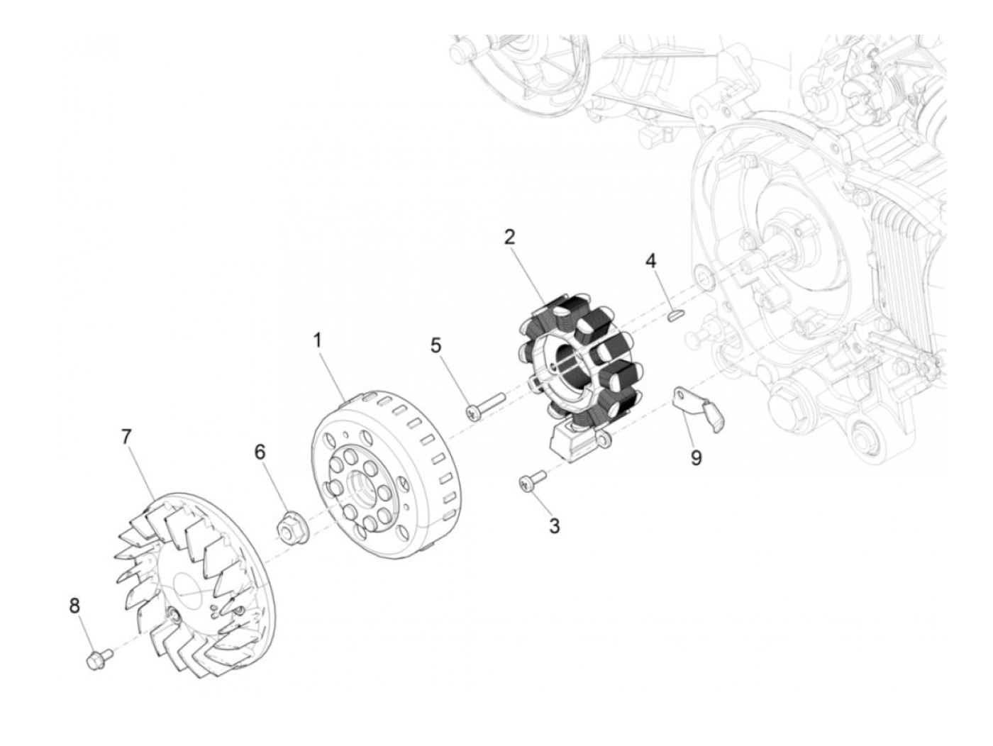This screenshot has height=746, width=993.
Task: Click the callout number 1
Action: coord(318,340)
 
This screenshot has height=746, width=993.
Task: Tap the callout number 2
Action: coord(509,237)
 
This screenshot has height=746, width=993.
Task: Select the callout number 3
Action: coord(554,526)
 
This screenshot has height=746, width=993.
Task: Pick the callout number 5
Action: coord(436,345)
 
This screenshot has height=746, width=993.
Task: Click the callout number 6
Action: coord(260,452)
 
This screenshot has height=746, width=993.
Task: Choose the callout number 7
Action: coord(126,437)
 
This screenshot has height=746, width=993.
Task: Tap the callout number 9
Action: coord(696,458)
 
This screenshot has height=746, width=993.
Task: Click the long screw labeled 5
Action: coord(484,404)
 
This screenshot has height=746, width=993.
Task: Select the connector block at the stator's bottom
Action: coord(572,443)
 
